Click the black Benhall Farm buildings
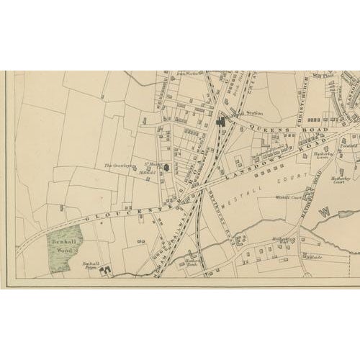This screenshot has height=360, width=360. pyautogui.click(x=107, y=271)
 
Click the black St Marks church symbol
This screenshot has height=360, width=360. pyautogui.click(x=166, y=168)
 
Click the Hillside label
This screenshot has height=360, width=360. pyautogui.click(x=315, y=258)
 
